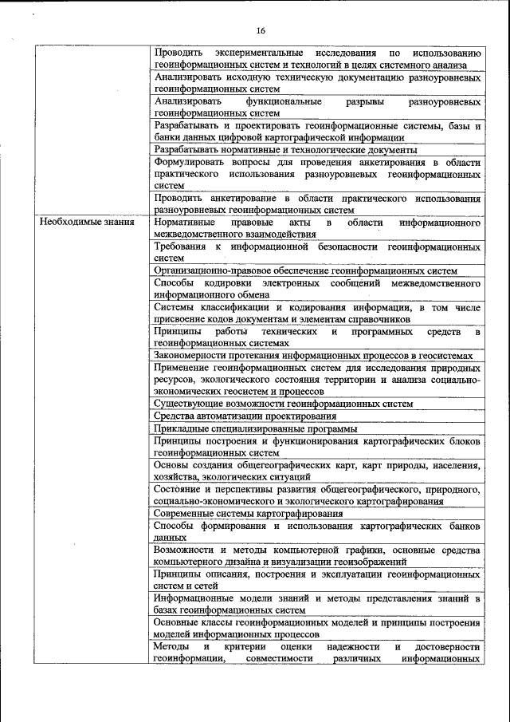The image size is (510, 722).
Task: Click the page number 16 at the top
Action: tap(260, 31)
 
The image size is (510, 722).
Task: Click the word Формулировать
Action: tap(191, 162)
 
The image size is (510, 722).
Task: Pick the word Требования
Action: tap(181, 247)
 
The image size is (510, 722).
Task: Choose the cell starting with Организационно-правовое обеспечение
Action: tap(306, 271)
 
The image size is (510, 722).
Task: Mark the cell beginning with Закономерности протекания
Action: tap(314, 356)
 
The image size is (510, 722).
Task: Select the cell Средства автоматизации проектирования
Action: tap(245, 416)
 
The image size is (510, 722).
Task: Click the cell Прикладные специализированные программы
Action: tap(249, 428)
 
